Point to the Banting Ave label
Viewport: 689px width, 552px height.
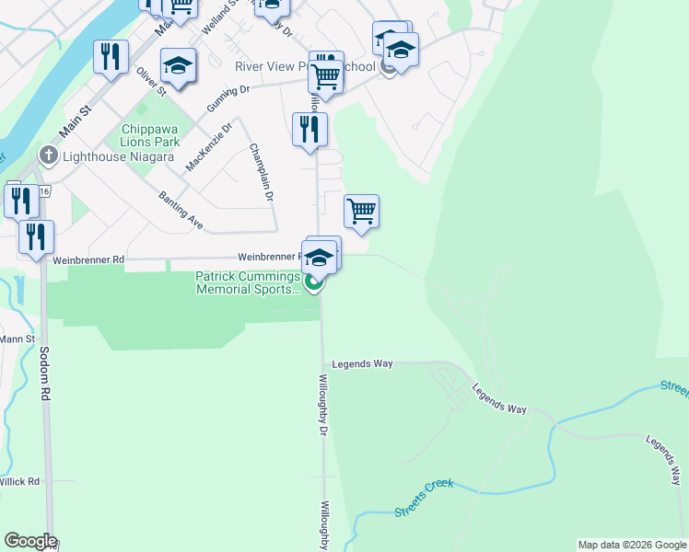pyautogui.click(x=181, y=210)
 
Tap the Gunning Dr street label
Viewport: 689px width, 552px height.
pyautogui.click(x=228, y=98)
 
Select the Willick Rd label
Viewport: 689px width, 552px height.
pyautogui.click(x=19, y=481)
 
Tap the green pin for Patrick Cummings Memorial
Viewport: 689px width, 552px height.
pyautogui.click(x=314, y=283)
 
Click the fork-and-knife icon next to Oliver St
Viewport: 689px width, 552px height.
pyautogui.click(x=110, y=56)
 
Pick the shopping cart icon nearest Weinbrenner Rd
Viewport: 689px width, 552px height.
pyautogui.click(x=361, y=211)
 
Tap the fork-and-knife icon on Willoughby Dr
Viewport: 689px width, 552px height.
pyautogui.click(x=309, y=128)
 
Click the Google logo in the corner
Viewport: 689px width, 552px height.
pyautogui.click(x=30, y=541)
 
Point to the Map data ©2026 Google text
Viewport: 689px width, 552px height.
pyautogui.click(x=632, y=545)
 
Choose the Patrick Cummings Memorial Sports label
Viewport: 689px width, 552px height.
pyautogui.click(x=247, y=282)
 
